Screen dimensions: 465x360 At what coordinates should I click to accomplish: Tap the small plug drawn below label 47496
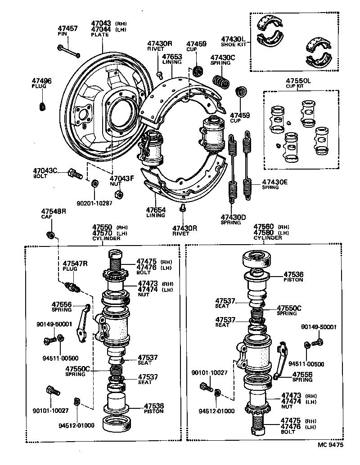coord(43,106)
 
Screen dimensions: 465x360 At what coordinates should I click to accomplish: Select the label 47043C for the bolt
coord(45,170)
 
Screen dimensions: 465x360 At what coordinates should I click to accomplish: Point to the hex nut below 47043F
coord(119,194)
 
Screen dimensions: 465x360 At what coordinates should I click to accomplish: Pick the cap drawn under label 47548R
coord(51,234)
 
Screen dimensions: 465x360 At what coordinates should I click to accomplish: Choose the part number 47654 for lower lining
coord(155,210)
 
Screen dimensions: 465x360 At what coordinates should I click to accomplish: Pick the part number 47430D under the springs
coord(233,217)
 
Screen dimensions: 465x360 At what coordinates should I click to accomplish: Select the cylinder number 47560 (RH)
coord(264,227)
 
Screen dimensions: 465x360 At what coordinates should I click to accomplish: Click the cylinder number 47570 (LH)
coord(102,232)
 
